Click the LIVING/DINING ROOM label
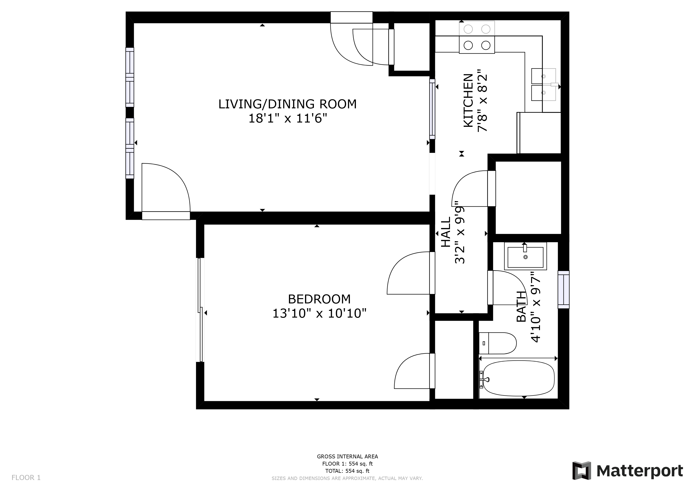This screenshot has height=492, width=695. coord(287,104)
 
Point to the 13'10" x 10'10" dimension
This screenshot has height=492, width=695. coord(319,313)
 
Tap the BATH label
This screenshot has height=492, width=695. coord(521,307)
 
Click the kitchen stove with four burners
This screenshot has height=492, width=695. coord(477,37)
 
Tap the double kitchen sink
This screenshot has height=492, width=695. coord(544,85)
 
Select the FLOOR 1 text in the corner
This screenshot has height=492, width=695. coord(26,478)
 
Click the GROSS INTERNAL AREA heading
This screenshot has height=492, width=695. coord(347,456)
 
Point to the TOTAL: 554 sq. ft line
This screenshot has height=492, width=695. coord(347,471)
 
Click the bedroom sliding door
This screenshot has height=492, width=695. coord(200,310)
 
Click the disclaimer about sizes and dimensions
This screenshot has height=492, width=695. coord(347,478)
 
